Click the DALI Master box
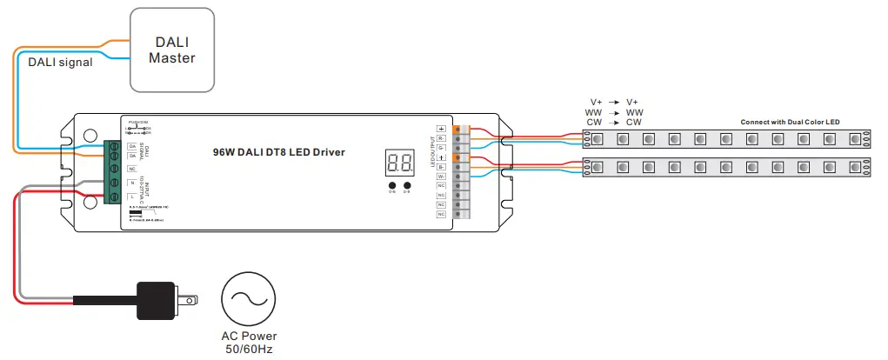[171, 50]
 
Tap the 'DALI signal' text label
[60, 62]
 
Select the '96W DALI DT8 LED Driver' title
[278, 152]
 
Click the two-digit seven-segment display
[399, 162]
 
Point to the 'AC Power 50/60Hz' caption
[249, 342]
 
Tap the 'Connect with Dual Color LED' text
[790, 122]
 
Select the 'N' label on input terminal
[130, 182]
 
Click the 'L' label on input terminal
[130, 197]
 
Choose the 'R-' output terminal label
[441, 138]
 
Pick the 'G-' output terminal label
[441, 148]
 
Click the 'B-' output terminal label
[441, 167]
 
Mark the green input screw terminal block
[111, 172]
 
